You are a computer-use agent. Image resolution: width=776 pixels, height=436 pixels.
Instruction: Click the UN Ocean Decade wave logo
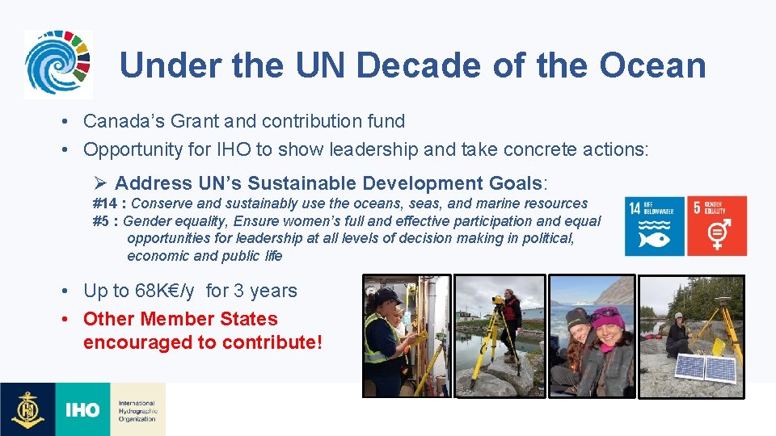coord(57,64)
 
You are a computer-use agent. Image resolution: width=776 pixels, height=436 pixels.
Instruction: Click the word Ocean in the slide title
coord(652,65)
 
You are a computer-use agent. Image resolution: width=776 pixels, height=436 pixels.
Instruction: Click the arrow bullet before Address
coord(101,183)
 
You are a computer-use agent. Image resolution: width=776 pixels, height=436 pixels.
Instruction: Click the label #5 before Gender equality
coord(102,221)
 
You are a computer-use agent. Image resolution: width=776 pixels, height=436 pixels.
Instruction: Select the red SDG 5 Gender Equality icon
coord(717,226)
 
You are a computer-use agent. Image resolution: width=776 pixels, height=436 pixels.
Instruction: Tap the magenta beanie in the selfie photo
coord(608,316)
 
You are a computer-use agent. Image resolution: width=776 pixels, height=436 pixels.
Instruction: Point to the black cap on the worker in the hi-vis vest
coord(386,295)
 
